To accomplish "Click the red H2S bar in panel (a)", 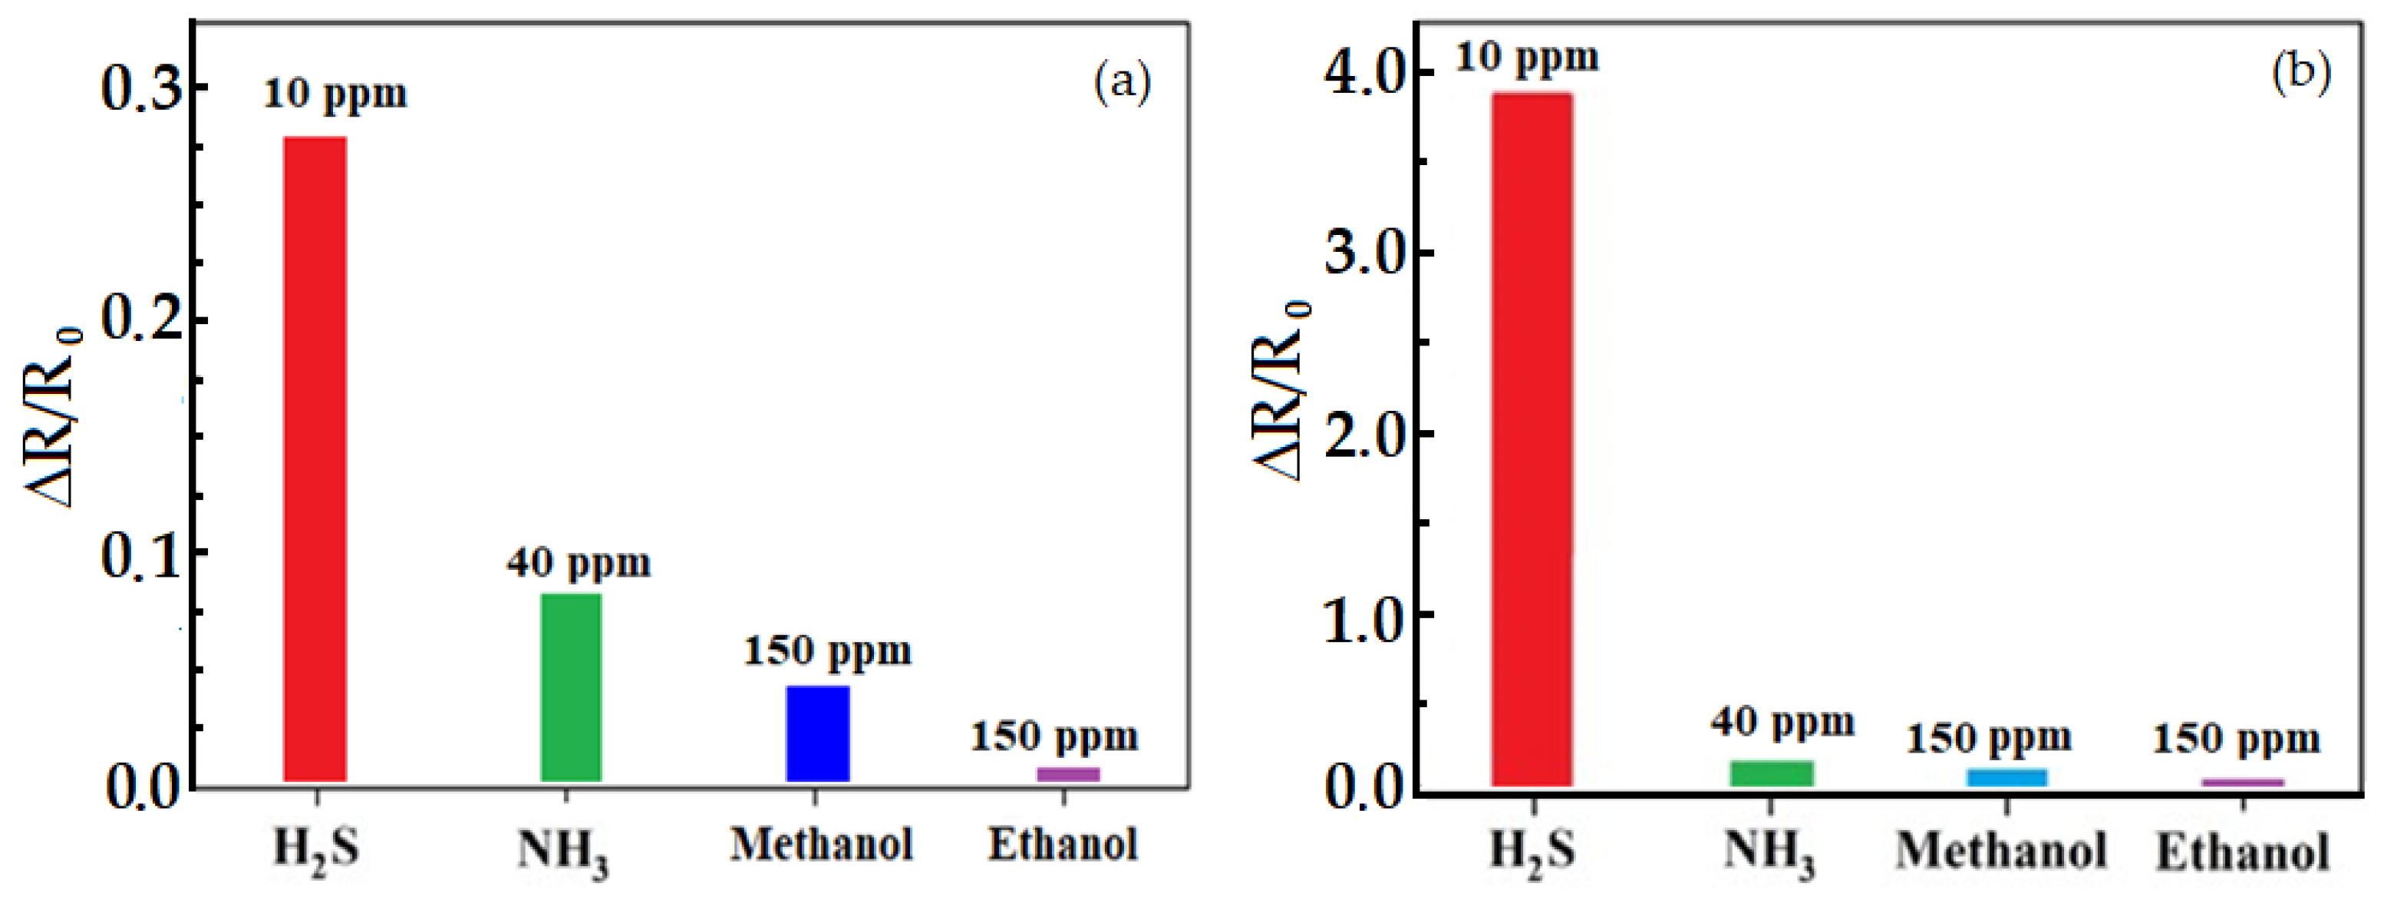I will pos(315,458).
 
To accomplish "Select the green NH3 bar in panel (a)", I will pos(571,687).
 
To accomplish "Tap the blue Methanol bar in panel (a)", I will pos(817,733).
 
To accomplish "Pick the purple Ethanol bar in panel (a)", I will pos(1067,774).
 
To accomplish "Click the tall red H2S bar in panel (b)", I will pos(1531,440).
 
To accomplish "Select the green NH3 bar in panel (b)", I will pos(1772,773).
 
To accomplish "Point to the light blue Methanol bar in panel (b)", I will pos(2006,778).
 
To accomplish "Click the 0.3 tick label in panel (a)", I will pos(140,90).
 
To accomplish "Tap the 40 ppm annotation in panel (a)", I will pos(579,563).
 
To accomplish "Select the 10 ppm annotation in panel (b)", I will pos(1526,58).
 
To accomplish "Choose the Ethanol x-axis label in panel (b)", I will pos(2241,852).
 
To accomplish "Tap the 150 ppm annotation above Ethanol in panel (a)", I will pos(1054,737).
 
